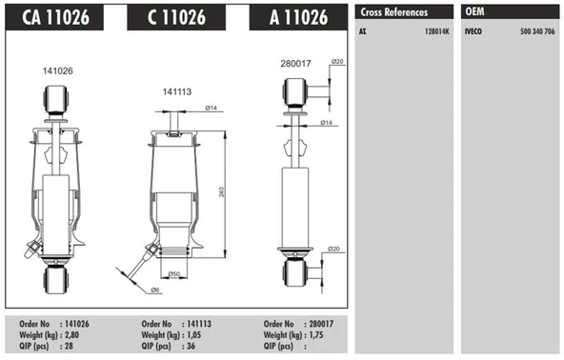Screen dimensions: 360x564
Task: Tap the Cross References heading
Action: pos(393,12)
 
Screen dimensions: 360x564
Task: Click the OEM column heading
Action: pos(475,12)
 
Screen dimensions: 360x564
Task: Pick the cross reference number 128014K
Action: pos(437,31)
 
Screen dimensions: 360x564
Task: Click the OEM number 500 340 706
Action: pos(536,31)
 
